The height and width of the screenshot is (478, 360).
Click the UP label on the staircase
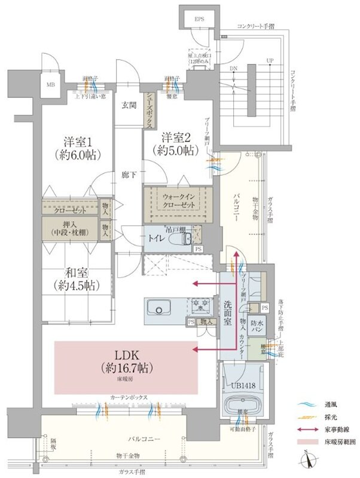tap(270, 61)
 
